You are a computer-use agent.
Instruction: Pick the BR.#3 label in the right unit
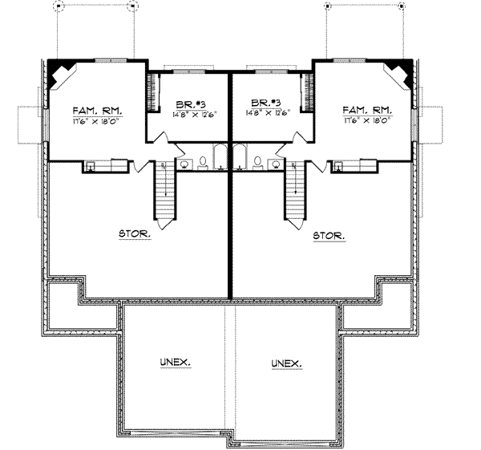(265, 103)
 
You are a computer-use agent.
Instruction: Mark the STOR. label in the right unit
(330, 236)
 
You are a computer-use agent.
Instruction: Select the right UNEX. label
(286, 363)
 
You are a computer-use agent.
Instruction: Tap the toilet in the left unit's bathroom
(204, 163)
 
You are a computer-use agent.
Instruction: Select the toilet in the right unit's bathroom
(257, 163)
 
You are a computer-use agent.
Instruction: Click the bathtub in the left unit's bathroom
(220, 158)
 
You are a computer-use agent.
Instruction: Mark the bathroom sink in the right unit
(275, 164)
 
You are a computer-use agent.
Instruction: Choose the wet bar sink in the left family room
(91, 166)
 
